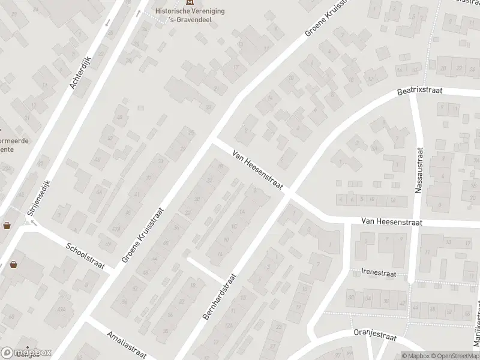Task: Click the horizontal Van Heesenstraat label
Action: (x=392, y=222)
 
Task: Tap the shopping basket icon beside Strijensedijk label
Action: (x=7, y=226)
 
